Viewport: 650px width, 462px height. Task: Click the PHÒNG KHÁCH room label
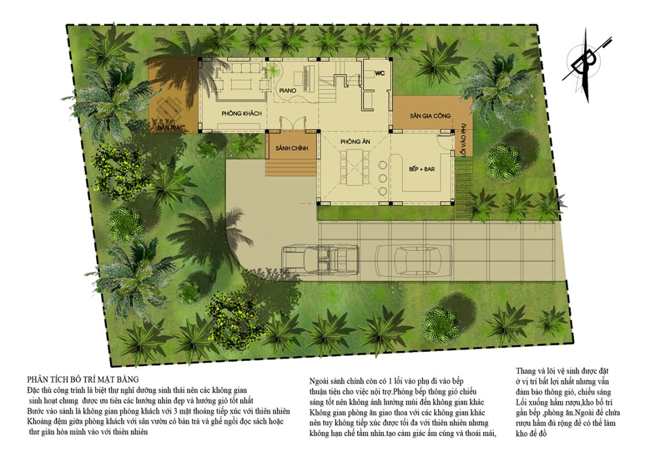[x=241, y=113]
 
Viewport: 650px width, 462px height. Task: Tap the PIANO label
[x=287, y=90]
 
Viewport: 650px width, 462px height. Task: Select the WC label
[x=380, y=73]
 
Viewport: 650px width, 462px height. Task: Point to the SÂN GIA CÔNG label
[x=430, y=115]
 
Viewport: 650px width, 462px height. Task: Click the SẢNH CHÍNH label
[x=292, y=148]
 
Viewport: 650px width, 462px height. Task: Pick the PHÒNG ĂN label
[x=355, y=142]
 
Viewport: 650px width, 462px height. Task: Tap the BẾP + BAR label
[x=421, y=169]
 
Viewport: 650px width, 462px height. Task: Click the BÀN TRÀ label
[x=169, y=128]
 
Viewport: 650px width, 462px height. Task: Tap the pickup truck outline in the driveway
[x=320, y=260]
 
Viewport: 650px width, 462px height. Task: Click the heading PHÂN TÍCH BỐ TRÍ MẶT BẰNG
[x=83, y=379]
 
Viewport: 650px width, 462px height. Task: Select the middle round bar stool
[x=382, y=178]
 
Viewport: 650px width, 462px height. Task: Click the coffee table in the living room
[x=241, y=84]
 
